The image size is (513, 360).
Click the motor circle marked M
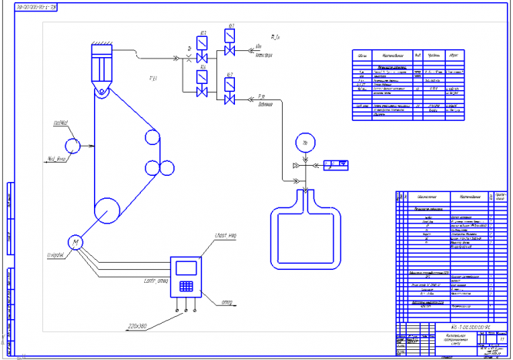(75, 244)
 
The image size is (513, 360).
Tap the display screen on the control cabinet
(185, 267)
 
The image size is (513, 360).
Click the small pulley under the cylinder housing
(101, 93)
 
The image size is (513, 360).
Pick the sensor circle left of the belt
(73, 144)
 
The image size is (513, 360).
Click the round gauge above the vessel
(306, 143)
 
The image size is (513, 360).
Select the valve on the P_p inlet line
(229, 100)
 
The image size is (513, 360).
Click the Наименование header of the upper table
(386, 56)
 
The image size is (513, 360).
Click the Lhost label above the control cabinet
(220, 234)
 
